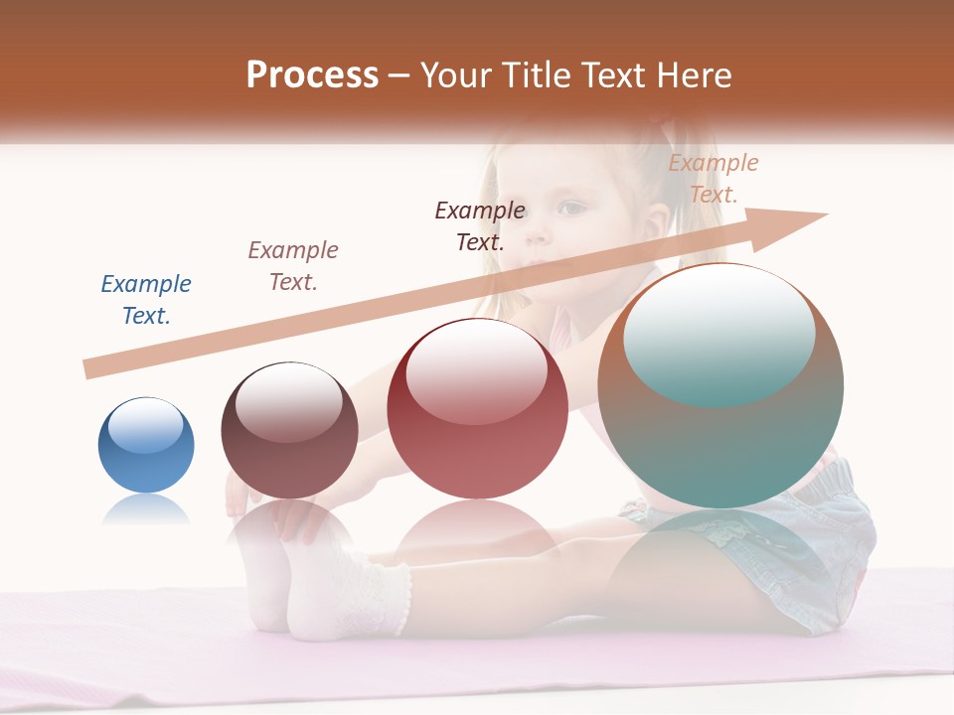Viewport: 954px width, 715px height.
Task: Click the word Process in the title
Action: (x=312, y=74)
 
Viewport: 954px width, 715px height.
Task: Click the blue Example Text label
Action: (x=146, y=300)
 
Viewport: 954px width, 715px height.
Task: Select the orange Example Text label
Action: (x=714, y=179)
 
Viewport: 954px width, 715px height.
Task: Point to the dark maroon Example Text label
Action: (x=480, y=225)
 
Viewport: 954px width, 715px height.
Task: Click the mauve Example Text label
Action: (x=293, y=265)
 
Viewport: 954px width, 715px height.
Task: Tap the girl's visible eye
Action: (x=573, y=209)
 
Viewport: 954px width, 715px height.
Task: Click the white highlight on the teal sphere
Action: (x=718, y=333)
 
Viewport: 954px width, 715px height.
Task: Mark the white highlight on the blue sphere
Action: (x=145, y=425)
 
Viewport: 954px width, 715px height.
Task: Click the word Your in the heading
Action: (x=456, y=75)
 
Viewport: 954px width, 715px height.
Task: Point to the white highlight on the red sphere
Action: (x=476, y=369)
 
